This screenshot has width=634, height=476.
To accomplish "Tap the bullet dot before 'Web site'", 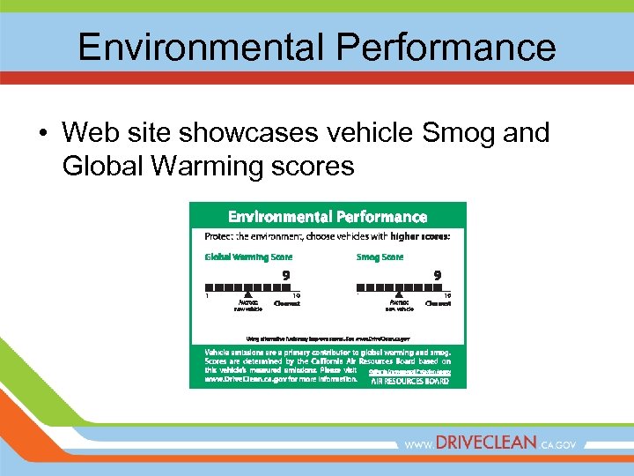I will tap(42, 134).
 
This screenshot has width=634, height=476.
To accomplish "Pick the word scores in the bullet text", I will tap(311, 165).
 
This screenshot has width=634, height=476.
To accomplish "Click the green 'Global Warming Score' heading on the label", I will tap(248, 257).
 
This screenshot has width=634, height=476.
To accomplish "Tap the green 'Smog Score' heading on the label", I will tap(380, 257).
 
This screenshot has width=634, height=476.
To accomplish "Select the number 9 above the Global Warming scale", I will tap(285, 275).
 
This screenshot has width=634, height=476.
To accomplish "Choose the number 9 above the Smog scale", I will tap(437, 275).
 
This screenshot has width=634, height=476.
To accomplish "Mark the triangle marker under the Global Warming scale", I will tap(248, 294).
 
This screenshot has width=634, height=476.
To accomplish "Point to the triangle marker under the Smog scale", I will tap(399, 294).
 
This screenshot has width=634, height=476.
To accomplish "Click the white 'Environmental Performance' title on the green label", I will tap(328, 217).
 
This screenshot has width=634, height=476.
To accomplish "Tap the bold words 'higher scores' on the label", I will tap(421, 236).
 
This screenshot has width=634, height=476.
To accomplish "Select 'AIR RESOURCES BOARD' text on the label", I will tap(409, 382).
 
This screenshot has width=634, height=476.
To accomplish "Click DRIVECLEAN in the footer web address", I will tap(486, 444).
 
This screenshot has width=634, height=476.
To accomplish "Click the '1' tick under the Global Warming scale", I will tap(207, 296).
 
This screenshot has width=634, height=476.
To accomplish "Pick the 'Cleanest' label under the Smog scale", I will tap(438, 302).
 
